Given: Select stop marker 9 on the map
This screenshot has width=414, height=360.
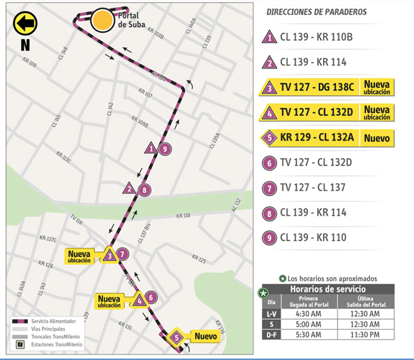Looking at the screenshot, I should coord(166,149).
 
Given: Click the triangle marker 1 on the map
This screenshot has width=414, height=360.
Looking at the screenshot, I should coord(152,148).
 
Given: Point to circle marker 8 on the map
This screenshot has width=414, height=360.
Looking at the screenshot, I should coord(143,190).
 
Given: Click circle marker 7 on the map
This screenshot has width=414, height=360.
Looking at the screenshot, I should coord(122,255).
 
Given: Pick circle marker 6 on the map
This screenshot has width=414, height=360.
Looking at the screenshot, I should coord(151,298).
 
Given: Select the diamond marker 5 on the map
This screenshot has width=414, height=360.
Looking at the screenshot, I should coord(176,338).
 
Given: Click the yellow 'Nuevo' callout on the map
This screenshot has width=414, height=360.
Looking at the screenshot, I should coord(205,336).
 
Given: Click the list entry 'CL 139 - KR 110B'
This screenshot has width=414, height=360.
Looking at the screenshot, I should coord(316,37).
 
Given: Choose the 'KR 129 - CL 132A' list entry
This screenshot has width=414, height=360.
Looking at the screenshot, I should coord(316,138).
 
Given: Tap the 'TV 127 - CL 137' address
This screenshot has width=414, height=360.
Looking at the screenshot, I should coord(313,188).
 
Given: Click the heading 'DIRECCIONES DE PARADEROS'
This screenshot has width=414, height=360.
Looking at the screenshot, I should coord(316,12).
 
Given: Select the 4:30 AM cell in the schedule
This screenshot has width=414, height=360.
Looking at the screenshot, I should coord(307,314).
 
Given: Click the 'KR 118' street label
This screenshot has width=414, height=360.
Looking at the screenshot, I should coord(183,216).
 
